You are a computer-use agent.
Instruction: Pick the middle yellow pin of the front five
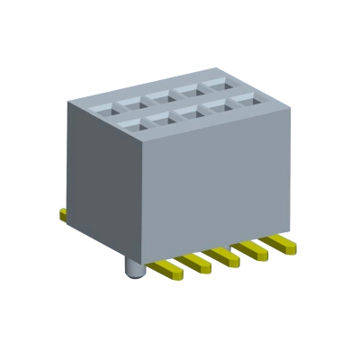[225, 256]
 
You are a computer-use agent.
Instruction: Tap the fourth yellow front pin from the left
[252, 249]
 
